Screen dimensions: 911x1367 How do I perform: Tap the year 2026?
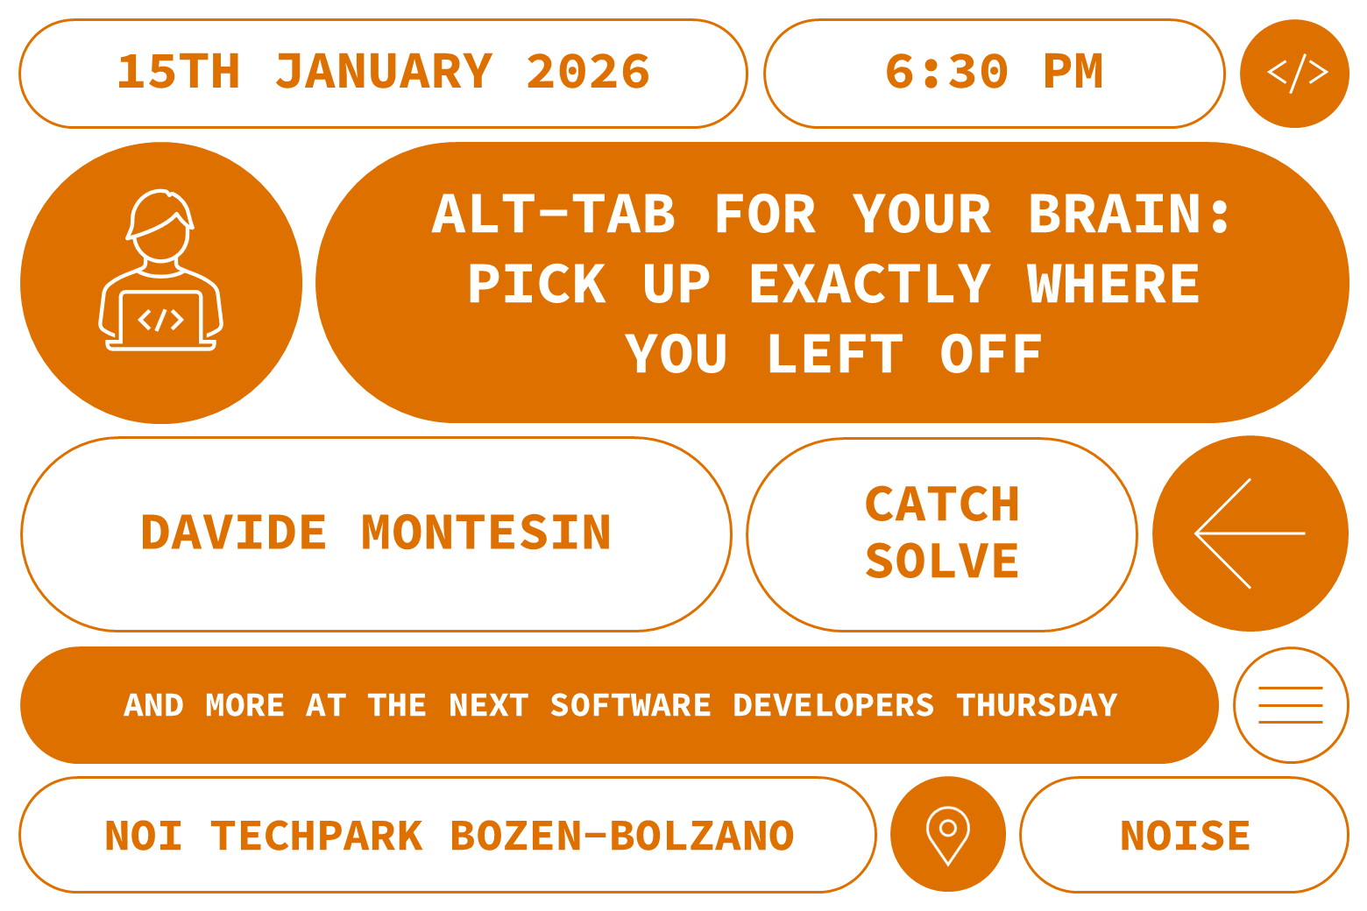tap(588, 72)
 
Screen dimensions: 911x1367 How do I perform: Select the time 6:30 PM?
tap(994, 72)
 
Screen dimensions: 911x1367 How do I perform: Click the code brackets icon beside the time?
tap(1295, 73)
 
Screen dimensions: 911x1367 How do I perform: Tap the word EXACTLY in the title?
tap(869, 284)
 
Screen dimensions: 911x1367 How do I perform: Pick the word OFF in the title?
tap(990, 354)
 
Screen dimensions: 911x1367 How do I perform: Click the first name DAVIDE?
tap(233, 533)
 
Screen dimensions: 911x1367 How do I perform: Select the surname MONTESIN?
tap(486, 533)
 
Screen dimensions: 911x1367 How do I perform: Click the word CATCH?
tap(942, 505)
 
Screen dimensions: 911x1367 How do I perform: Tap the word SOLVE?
tap(942, 561)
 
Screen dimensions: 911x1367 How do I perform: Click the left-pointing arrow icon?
tap(1250, 533)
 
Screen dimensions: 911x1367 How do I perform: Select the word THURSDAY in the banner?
tap(1037, 705)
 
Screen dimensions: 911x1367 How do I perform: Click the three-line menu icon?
tap(1291, 705)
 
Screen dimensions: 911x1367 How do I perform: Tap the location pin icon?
tap(947, 834)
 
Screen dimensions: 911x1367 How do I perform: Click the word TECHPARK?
tap(316, 836)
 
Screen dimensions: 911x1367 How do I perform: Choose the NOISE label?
tap(1185, 836)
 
